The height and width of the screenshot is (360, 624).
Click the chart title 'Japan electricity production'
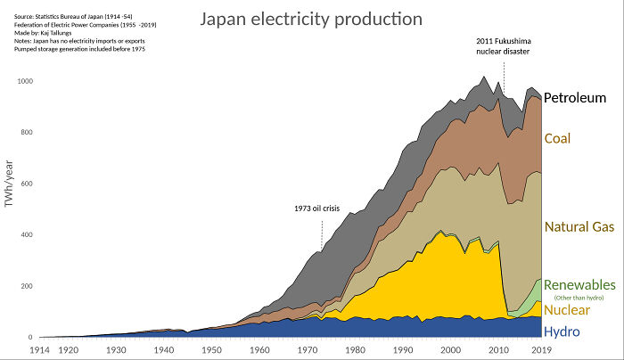coord(310,19)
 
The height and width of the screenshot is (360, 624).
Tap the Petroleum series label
coord(580,98)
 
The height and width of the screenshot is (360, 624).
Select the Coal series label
coord(557,139)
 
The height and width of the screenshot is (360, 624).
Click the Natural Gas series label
coord(579,227)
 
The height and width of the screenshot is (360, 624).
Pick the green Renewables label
coord(579,283)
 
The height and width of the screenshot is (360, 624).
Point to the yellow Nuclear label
coord(572,309)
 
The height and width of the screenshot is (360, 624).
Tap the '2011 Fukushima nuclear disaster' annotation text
coord(502,46)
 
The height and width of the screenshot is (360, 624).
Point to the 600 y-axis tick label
coord(26,184)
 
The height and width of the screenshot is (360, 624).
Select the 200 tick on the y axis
coord(26,287)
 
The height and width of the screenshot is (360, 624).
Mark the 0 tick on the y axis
coord(30,338)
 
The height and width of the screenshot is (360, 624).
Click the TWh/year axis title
coord(9,184)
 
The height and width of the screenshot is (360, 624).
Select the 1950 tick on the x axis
coord(211,351)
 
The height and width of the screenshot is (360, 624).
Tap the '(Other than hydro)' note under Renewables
coord(579,297)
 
